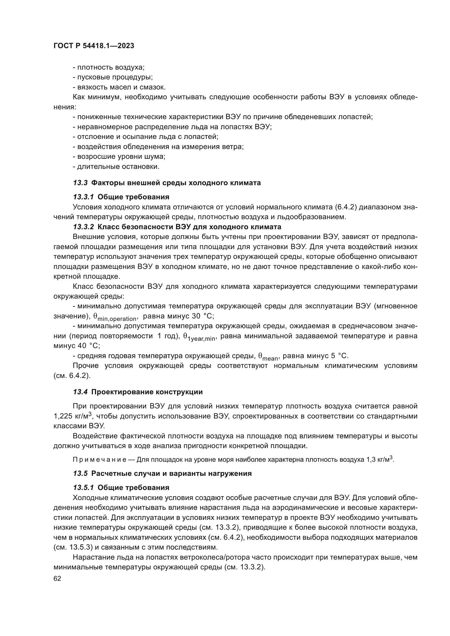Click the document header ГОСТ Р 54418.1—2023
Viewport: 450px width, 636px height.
pyautogui.click(x=94, y=46)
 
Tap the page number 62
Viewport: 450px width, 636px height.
pyautogui.click(x=57, y=578)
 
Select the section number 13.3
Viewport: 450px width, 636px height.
pyautogui.click(x=80, y=183)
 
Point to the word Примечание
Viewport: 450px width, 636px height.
pyautogui.click(x=100, y=460)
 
